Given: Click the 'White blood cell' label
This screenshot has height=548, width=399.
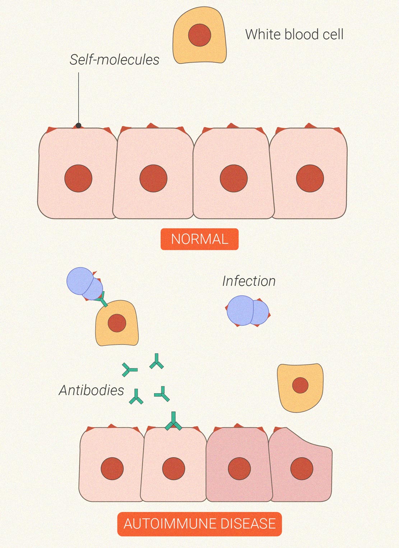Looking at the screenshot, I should pyautogui.click(x=294, y=34).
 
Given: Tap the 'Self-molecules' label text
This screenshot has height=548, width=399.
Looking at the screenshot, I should pyautogui.click(x=114, y=60).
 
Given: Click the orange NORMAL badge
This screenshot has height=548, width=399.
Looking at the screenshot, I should pyautogui.click(x=199, y=239).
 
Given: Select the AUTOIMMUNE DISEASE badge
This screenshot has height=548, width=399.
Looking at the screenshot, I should pyautogui.click(x=199, y=524).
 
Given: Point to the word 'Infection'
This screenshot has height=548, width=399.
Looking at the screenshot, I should pyautogui.click(x=249, y=281).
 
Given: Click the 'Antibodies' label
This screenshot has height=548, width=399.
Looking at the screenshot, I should pyautogui.click(x=91, y=390).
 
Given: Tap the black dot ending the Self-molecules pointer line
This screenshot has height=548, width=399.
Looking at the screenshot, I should pyautogui.click(x=78, y=125).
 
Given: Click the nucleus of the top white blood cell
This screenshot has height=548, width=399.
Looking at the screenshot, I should pyautogui.click(x=199, y=35).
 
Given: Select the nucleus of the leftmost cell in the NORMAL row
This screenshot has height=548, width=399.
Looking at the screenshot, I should pyautogui.click(x=78, y=178).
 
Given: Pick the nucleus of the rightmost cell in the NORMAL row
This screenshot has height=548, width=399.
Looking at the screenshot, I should pyautogui.click(x=310, y=178).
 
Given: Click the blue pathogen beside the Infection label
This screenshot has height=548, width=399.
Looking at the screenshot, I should pyautogui.click(x=247, y=311).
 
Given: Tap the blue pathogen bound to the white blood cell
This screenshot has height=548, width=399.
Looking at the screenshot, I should pyautogui.click(x=84, y=283).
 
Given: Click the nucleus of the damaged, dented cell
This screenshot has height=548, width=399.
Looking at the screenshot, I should pyautogui.click(x=302, y=468).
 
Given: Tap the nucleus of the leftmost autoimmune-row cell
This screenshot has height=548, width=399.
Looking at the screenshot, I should pyautogui.click(x=112, y=468).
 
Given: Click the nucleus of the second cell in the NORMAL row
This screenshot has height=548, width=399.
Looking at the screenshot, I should pyautogui.click(x=153, y=178).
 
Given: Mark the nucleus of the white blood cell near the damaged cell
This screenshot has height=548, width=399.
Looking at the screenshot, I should pyautogui.click(x=300, y=385).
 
